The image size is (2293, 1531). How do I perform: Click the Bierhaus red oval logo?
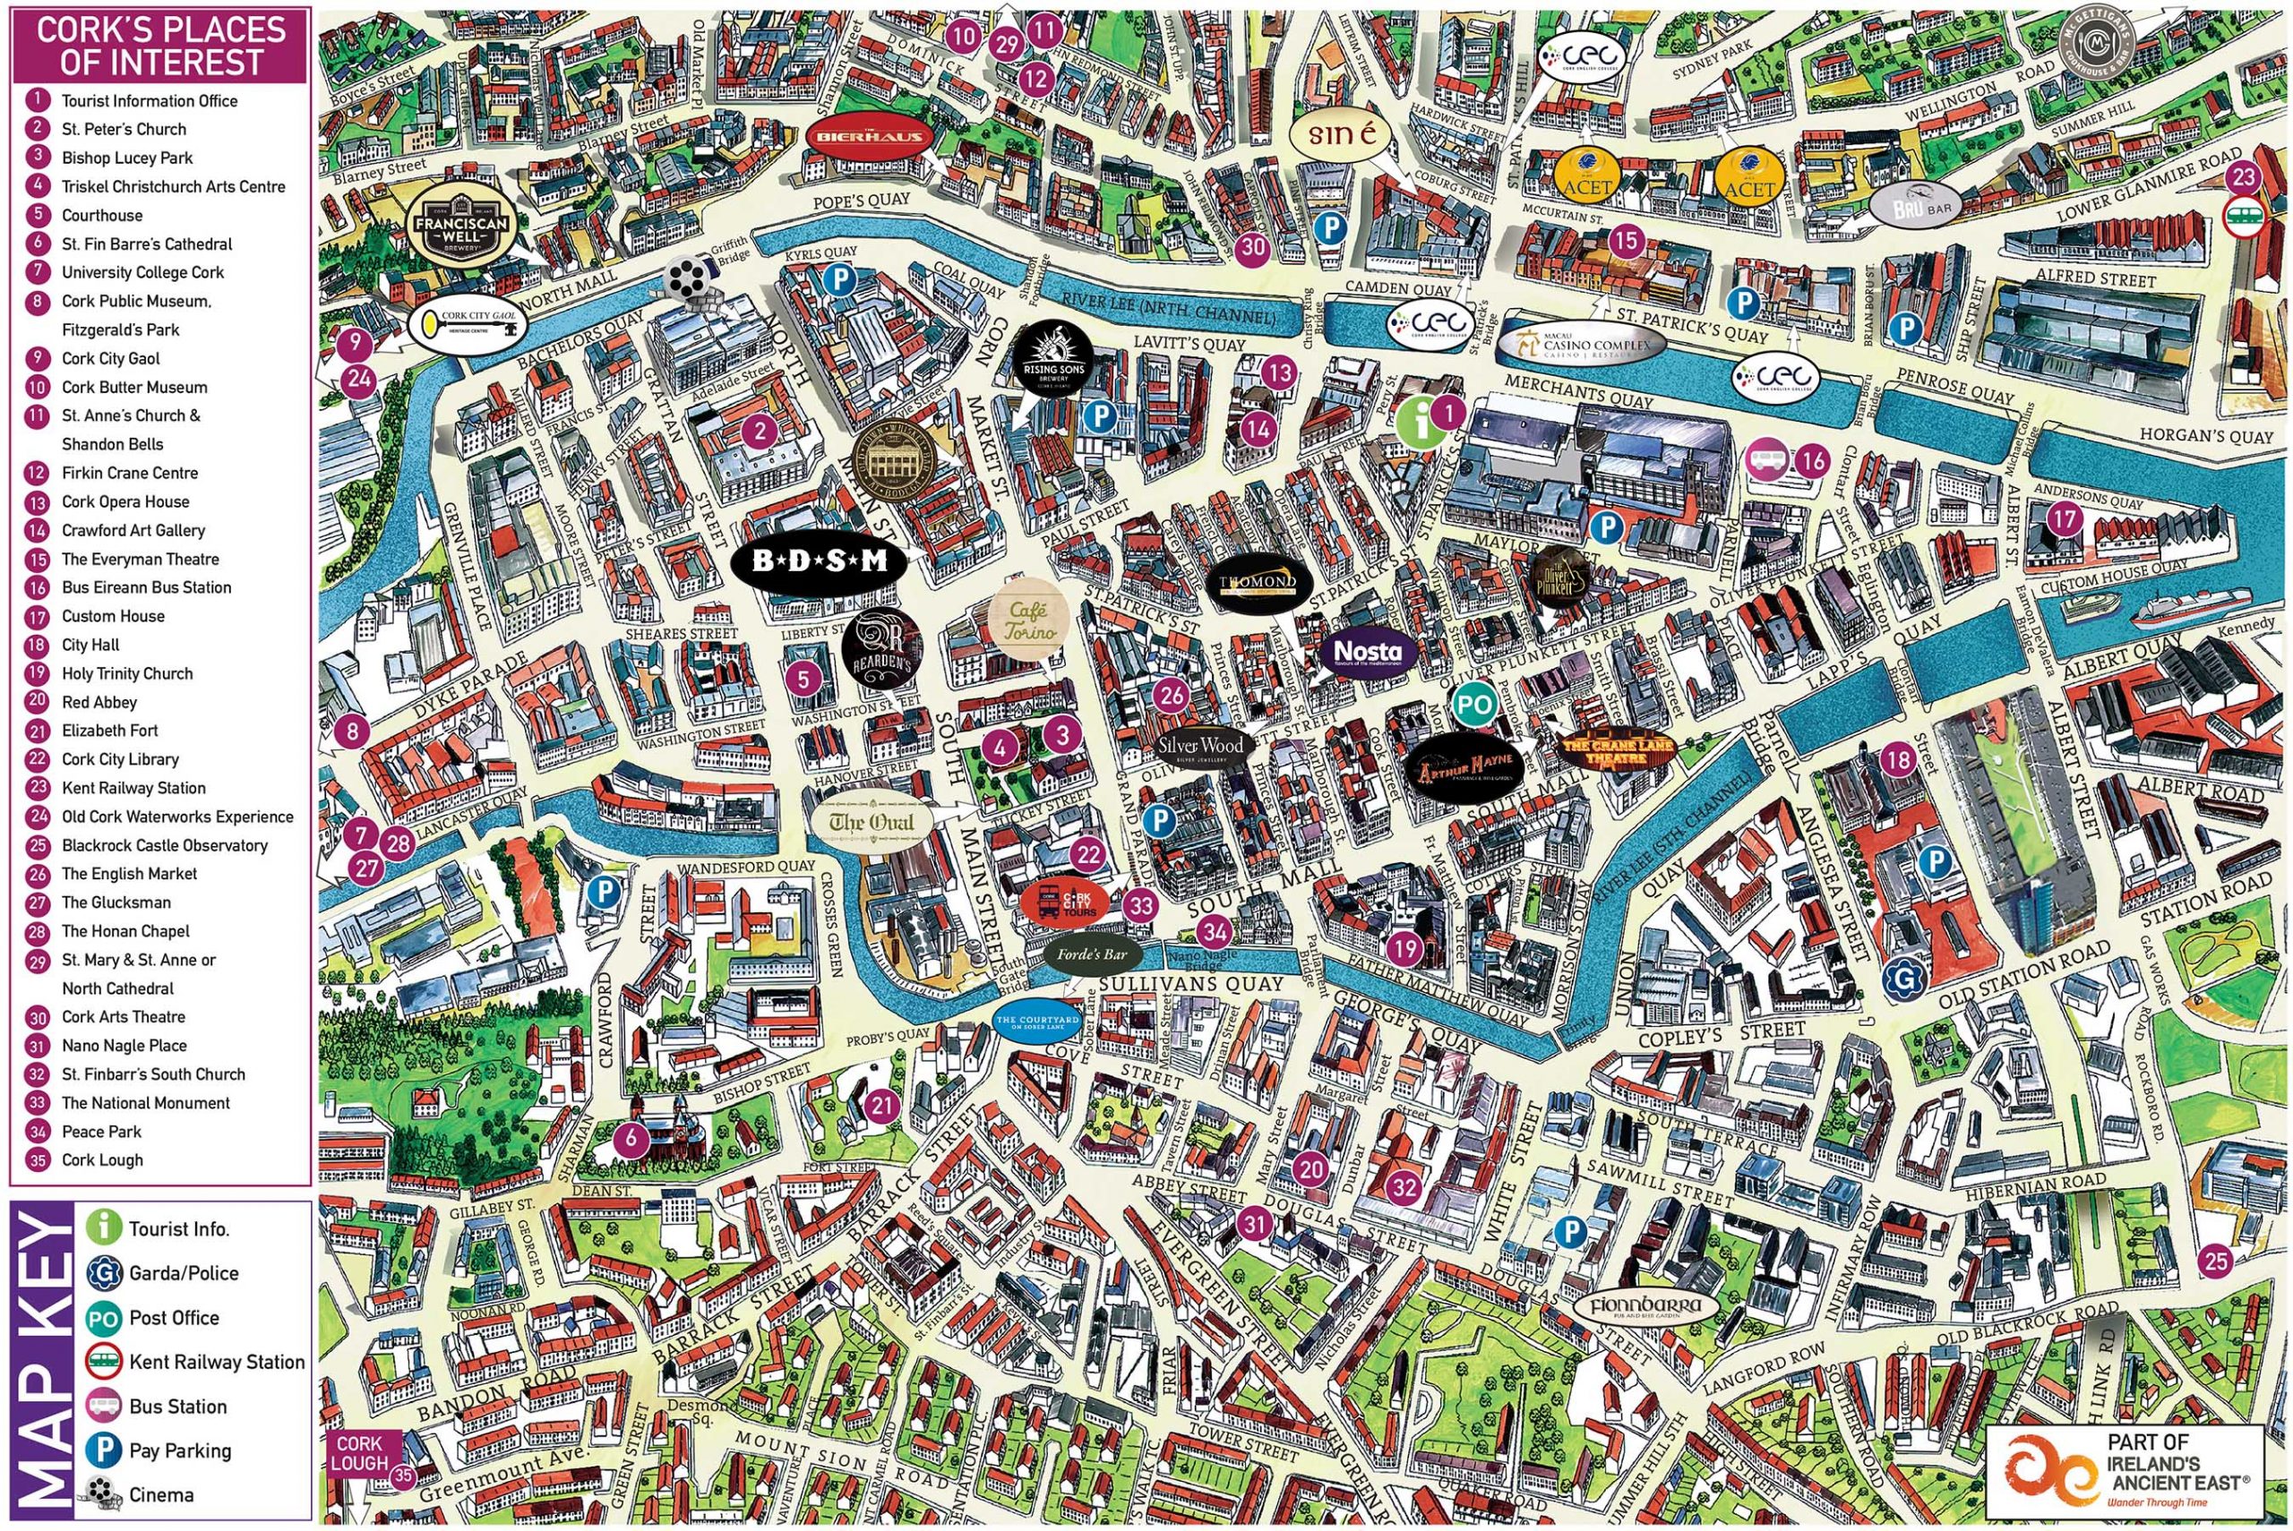(x=866, y=137)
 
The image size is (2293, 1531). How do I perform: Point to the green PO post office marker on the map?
(x=1474, y=703)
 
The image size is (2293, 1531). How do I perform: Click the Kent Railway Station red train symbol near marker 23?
(x=2243, y=217)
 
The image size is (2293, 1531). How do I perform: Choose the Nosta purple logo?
(x=1367, y=650)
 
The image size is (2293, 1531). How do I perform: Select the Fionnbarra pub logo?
(x=1645, y=1306)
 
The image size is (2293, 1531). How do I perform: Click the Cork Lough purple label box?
(x=360, y=1453)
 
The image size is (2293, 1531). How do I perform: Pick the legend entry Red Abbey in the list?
(x=99, y=702)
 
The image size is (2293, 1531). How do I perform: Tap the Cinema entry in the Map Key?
(x=161, y=1495)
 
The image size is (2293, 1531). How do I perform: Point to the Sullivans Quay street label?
(x=1190, y=984)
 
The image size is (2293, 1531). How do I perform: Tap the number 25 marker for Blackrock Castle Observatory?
(x=2216, y=1261)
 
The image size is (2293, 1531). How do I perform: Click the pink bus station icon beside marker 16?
(x=1765, y=457)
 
